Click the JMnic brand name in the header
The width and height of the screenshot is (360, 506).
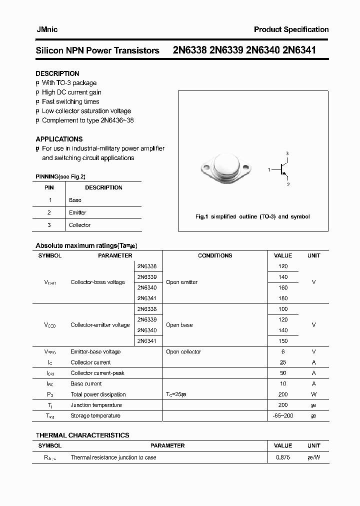(x=47, y=30)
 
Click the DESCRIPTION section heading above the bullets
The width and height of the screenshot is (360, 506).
(x=57, y=73)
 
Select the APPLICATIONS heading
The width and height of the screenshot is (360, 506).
(x=59, y=139)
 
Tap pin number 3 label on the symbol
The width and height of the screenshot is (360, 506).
(x=287, y=153)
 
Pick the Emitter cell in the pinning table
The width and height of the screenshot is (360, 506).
(x=77, y=212)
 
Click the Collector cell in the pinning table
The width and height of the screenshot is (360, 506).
(x=79, y=225)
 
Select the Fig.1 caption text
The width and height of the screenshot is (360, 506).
(x=252, y=216)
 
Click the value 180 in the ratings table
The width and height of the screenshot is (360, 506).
(x=283, y=298)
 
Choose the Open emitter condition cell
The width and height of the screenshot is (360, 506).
(x=181, y=282)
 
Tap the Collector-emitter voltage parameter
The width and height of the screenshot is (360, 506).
(x=100, y=325)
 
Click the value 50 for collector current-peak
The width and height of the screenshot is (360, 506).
(x=283, y=373)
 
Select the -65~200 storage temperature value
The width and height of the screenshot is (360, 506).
(x=283, y=415)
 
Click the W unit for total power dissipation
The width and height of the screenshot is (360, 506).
(x=313, y=394)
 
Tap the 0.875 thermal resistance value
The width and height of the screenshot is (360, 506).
(x=283, y=457)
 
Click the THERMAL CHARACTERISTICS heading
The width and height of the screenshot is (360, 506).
(x=82, y=435)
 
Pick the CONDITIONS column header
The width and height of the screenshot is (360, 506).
(x=215, y=255)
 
